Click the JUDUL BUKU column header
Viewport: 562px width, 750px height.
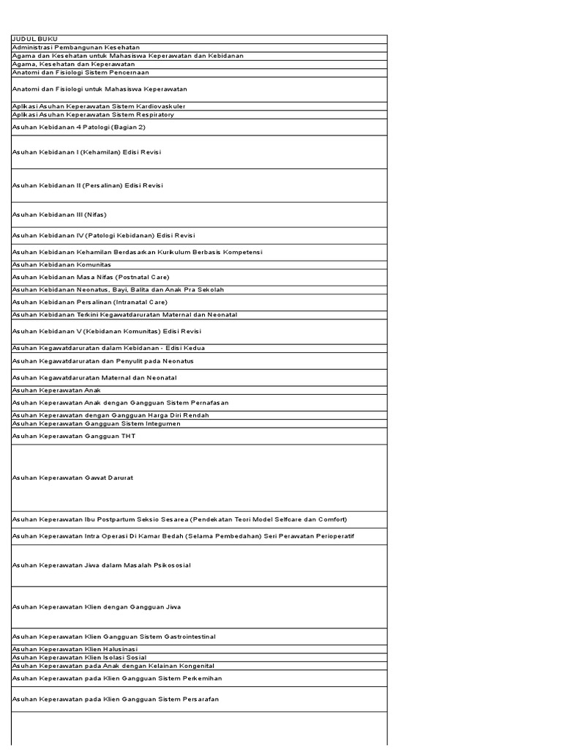35,39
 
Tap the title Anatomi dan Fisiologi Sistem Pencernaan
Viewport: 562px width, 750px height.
80,73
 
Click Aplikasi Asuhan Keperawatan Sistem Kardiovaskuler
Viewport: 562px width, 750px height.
99,106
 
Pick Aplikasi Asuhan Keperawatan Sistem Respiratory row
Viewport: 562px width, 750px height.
93,114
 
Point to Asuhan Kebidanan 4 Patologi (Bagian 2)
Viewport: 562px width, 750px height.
79,127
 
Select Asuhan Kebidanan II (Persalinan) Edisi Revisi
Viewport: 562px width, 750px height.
88,185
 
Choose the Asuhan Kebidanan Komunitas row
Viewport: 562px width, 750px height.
61,264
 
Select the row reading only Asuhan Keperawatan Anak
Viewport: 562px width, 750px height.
56,390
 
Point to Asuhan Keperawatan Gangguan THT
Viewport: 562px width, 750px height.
74,436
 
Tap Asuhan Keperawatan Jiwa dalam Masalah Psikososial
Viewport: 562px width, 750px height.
101,565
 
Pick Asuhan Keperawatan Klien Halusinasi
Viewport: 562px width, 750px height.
75,649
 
